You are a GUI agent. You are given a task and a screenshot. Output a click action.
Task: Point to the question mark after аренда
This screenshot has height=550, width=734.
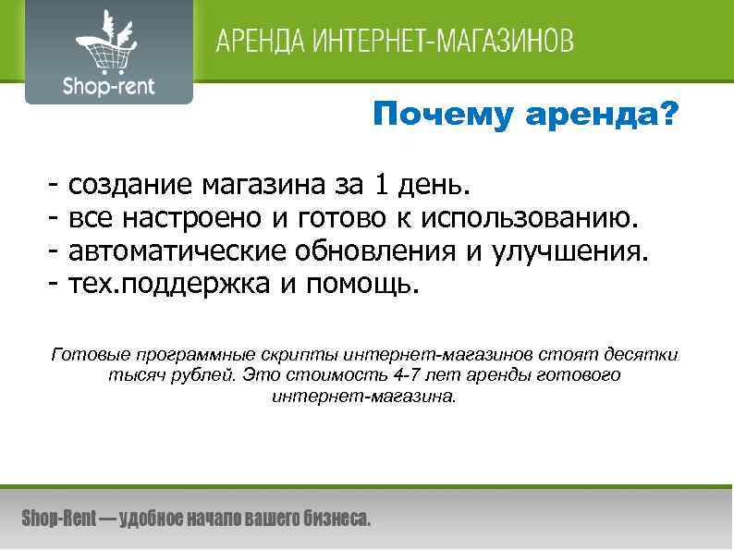[x=667, y=116]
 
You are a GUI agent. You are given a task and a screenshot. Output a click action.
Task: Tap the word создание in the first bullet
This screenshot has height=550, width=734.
[x=128, y=187]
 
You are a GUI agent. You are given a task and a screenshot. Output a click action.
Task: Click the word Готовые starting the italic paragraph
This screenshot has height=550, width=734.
[x=90, y=354]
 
